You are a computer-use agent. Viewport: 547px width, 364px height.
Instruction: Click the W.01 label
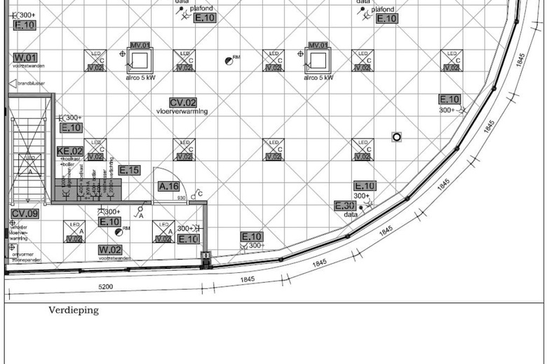pyautogui.click(x=25, y=57)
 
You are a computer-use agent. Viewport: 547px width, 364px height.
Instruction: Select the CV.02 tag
pyautogui.click(x=182, y=102)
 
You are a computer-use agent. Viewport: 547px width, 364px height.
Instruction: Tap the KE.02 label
pyautogui.click(x=70, y=150)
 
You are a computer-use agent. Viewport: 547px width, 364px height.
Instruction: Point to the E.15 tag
pyautogui.click(x=129, y=170)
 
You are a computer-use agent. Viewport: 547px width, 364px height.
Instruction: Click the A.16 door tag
pyautogui.click(x=169, y=186)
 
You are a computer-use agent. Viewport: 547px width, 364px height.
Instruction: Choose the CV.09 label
pyautogui.click(x=25, y=213)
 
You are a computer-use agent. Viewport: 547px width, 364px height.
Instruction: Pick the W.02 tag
pyautogui.click(x=110, y=250)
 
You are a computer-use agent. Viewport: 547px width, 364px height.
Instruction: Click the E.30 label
pyautogui.click(x=345, y=206)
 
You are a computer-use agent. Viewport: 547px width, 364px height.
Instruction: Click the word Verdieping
pyautogui.click(x=74, y=310)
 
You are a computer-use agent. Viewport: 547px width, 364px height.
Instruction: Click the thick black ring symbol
pyautogui.click(x=397, y=137)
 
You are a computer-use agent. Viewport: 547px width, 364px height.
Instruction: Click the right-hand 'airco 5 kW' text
pyautogui.click(x=318, y=78)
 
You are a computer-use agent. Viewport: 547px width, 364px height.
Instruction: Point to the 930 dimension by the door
pyautogui.click(x=180, y=199)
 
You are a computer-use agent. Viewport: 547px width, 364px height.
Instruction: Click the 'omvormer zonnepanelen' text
pyautogui.click(x=25, y=257)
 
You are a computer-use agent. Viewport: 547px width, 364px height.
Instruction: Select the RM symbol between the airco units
pyautogui.click(x=229, y=61)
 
